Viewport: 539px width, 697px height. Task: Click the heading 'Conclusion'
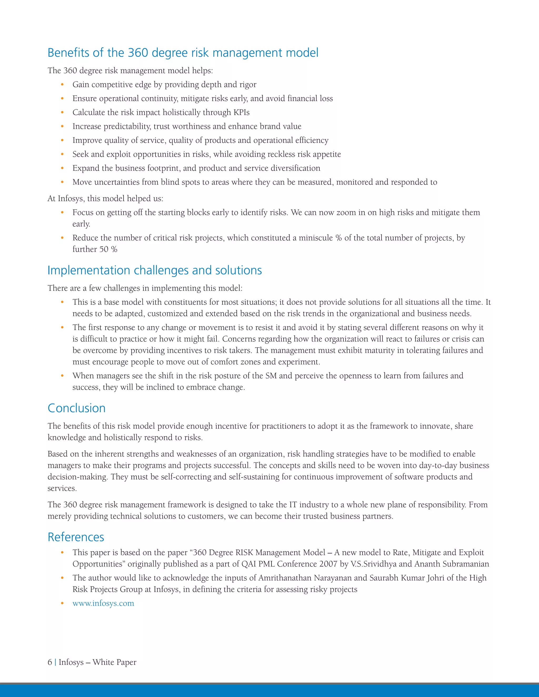pos(76,408)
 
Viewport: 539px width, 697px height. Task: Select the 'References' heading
pos(76,537)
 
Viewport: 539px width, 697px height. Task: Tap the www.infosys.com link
pos(103,603)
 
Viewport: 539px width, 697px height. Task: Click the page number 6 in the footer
pos(50,662)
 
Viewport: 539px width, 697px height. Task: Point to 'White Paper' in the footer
pos(114,662)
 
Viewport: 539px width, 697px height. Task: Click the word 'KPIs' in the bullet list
pos(241,112)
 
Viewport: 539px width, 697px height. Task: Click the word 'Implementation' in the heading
pos(88,270)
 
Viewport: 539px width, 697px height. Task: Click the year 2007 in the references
pos(328,564)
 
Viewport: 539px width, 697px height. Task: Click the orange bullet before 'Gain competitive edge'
pos(62,85)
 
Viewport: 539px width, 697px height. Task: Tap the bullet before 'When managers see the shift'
pos(62,376)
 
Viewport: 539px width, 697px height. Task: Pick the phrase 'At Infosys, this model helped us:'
pos(105,199)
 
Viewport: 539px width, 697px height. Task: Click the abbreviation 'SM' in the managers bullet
pos(271,376)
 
